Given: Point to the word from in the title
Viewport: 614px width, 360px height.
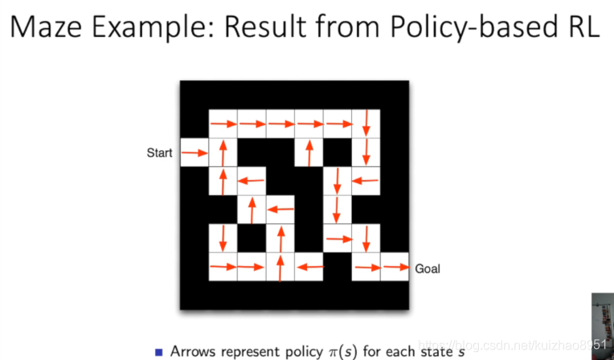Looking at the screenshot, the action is [x=353, y=27].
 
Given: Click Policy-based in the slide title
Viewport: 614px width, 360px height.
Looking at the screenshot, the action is [x=471, y=27].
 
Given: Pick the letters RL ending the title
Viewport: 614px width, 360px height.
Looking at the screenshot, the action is [x=576, y=27].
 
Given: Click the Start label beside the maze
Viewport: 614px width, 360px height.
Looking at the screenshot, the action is [x=159, y=153].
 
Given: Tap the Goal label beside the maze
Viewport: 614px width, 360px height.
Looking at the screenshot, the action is [x=428, y=268].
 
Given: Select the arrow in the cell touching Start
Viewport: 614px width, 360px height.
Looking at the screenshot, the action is [x=194, y=153].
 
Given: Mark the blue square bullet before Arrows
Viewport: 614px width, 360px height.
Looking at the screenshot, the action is [x=159, y=351].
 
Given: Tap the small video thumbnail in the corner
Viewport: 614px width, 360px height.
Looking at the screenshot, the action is [x=601, y=325].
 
